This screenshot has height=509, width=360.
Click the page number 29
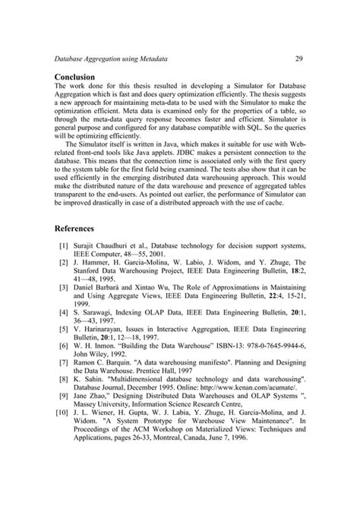click(299, 58)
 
